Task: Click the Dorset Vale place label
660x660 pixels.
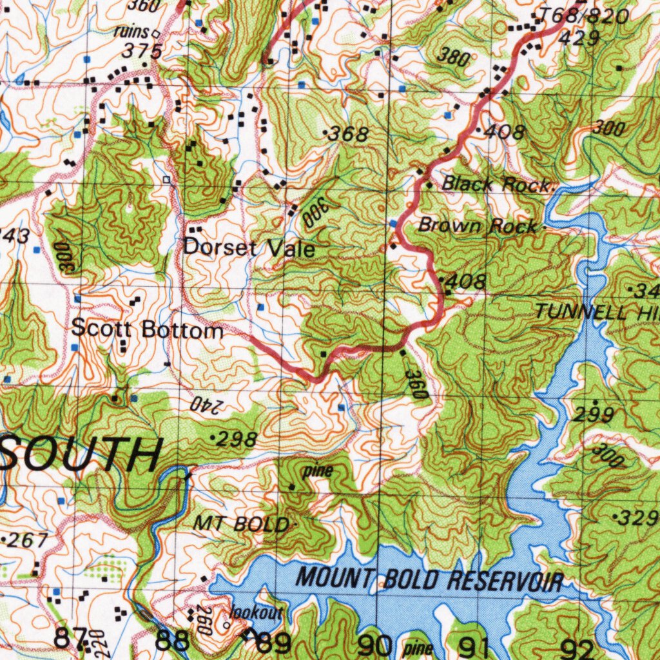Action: point(249,247)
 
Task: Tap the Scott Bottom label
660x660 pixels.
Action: point(147,329)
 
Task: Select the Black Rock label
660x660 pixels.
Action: point(496,184)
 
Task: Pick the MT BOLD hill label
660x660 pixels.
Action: point(242,525)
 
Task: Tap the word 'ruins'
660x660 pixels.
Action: point(131,32)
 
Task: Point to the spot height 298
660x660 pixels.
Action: point(236,440)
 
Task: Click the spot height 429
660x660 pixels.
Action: point(579,39)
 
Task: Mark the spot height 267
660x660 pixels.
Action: point(27,540)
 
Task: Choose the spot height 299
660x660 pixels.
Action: point(594,416)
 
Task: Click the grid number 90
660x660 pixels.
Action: point(374,643)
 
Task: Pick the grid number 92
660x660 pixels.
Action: point(577,646)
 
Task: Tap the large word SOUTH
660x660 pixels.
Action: point(81,455)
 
